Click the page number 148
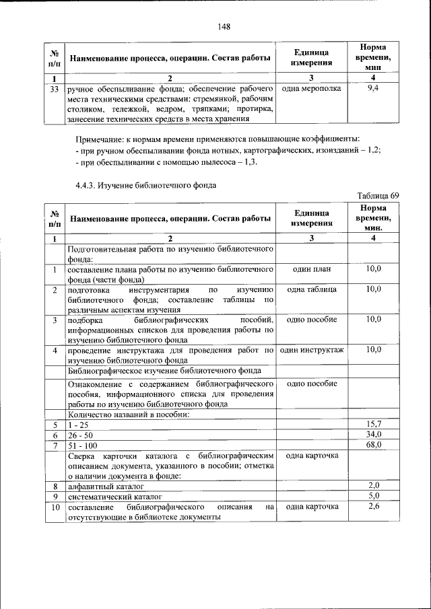(224, 26)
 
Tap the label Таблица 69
(378, 195)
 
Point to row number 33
(55, 88)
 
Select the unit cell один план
(311, 268)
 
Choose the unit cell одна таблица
(311, 289)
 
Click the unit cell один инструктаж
(311, 350)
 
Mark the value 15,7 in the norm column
(374, 425)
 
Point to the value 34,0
(374, 435)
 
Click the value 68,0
(374, 445)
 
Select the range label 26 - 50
(79, 435)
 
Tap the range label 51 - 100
(81, 445)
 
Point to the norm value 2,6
(374, 506)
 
